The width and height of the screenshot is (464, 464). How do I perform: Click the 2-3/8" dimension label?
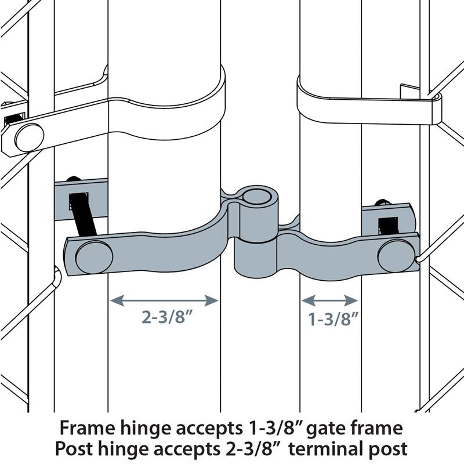(164, 318)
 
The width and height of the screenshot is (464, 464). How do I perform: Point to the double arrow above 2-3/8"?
(164, 300)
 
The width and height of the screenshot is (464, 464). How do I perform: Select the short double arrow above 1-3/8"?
(329, 300)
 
